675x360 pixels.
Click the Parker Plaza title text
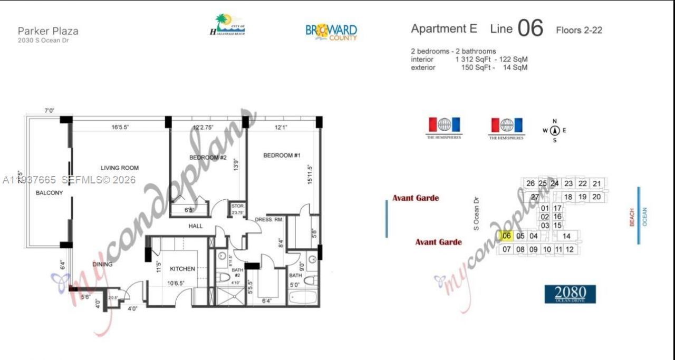click(x=48, y=31)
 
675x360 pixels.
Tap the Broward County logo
click(x=331, y=32)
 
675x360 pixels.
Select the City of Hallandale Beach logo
click(x=227, y=25)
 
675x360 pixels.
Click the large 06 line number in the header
click(x=530, y=29)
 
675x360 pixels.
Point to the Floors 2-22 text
click(x=578, y=31)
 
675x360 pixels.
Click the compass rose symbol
click(x=554, y=131)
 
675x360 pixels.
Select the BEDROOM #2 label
click(x=208, y=158)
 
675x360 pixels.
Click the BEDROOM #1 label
click(x=282, y=155)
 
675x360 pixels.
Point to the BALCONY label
click(x=49, y=193)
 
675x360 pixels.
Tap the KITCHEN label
click(x=182, y=269)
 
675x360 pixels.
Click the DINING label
click(x=102, y=264)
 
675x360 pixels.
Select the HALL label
click(x=196, y=226)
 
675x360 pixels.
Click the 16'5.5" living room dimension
click(x=121, y=127)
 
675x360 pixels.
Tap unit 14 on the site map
click(x=566, y=236)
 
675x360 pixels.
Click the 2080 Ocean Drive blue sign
click(x=570, y=294)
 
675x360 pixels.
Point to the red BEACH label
click(x=632, y=217)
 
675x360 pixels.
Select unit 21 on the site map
click(x=596, y=183)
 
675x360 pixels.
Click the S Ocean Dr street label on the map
click(x=476, y=213)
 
